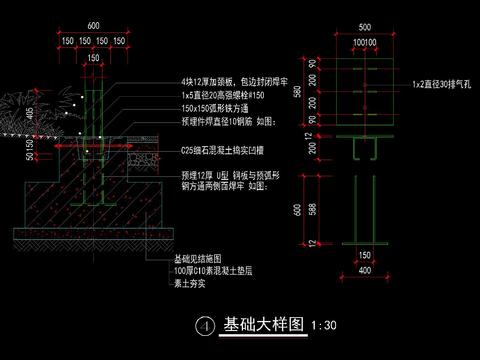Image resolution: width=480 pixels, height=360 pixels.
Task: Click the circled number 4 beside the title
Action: pyautogui.click(x=204, y=326)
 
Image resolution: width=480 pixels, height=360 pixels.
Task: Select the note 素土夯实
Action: pyautogui.click(x=192, y=283)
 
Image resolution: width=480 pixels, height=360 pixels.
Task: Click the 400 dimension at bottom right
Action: pyautogui.click(x=363, y=270)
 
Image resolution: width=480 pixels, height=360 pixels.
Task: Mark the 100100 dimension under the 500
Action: pyautogui.click(x=364, y=43)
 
